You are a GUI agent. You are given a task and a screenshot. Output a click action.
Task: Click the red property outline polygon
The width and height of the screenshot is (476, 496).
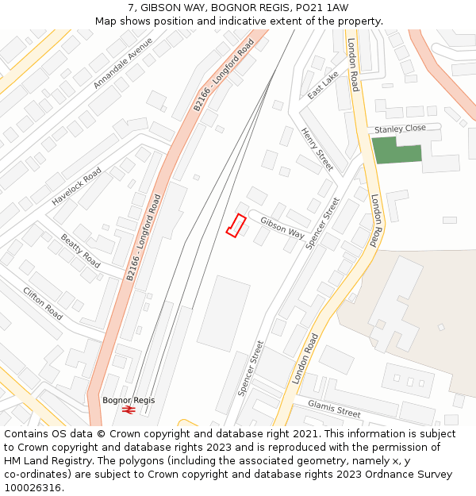[x=236, y=225]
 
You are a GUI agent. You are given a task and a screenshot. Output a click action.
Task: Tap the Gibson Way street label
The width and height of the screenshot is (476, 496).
[x=282, y=229]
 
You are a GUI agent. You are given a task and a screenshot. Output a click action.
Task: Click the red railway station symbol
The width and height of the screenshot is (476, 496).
[x=129, y=410]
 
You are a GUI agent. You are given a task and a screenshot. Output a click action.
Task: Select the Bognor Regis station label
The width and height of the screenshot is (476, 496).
[x=129, y=400]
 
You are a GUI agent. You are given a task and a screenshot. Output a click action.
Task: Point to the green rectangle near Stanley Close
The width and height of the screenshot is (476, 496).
[x=397, y=150]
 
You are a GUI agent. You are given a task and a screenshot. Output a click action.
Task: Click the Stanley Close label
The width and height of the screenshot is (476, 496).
[x=400, y=129]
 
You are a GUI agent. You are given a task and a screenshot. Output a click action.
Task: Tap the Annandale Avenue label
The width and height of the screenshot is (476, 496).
[x=123, y=62]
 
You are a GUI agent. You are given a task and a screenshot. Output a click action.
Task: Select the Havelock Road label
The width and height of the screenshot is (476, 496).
[x=77, y=186]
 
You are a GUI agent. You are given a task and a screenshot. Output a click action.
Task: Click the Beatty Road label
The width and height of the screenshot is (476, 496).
[x=81, y=251]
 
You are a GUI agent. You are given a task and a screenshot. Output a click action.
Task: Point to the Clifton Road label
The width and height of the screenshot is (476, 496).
[x=43, y=304]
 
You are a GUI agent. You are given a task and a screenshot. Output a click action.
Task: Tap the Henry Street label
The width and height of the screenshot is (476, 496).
[x=317, y=149]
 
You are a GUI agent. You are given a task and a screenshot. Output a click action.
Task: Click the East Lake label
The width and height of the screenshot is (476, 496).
[x=323, y=84]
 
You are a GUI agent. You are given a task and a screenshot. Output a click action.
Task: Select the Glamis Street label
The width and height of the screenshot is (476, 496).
[x=334, y=409]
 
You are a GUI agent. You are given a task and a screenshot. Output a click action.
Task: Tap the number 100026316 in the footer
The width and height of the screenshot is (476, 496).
[x=32, y=488]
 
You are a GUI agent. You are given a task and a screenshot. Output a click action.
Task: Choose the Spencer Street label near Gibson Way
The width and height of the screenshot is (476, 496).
[x=322, y=223]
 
